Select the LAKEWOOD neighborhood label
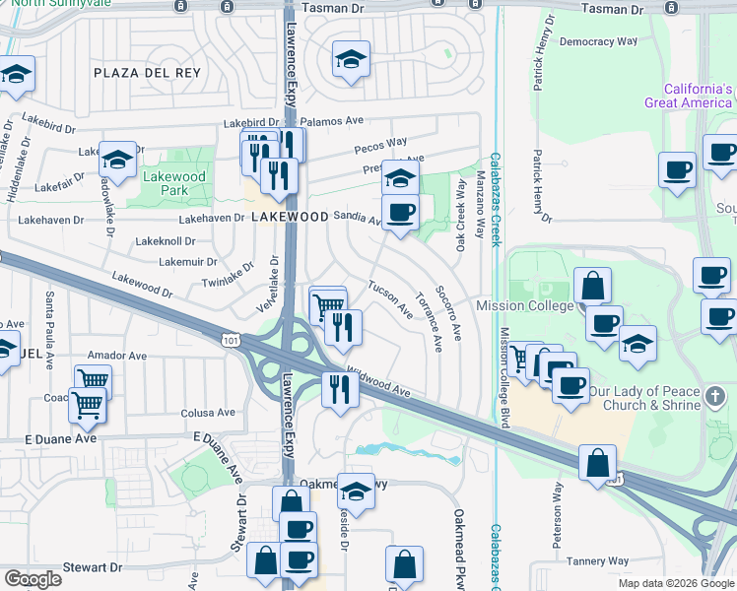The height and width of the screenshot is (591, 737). (x=290, y=216)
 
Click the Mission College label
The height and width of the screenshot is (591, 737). (x=525, y=305)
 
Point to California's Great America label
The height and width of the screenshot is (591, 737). (x=689, y=96)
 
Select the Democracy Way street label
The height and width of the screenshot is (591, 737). (x=598, y=42)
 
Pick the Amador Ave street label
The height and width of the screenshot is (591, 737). (x=117, y=355)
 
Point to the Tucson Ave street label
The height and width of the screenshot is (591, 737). (x=390, y=298)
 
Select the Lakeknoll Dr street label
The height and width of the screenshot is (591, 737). (x=165, y=240)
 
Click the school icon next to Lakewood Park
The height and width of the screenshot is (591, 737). (x=117, y=161)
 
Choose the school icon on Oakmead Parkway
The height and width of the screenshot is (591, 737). (x=356, y=490)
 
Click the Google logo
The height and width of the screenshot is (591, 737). (x=33, y=579)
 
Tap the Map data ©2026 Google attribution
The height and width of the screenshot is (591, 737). (x=677, y=583)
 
